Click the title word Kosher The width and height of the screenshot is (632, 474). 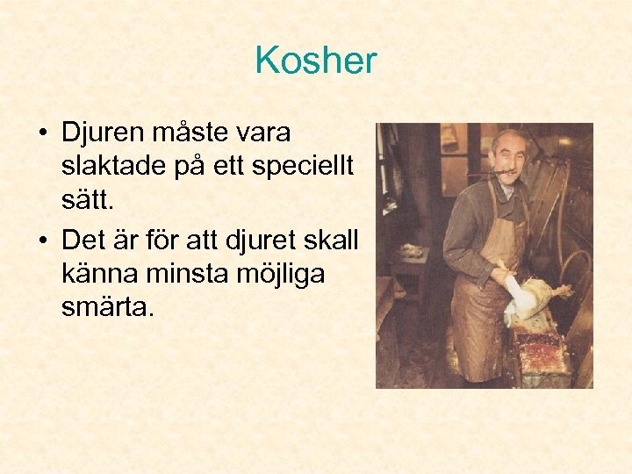315,61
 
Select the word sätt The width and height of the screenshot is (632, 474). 86,204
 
